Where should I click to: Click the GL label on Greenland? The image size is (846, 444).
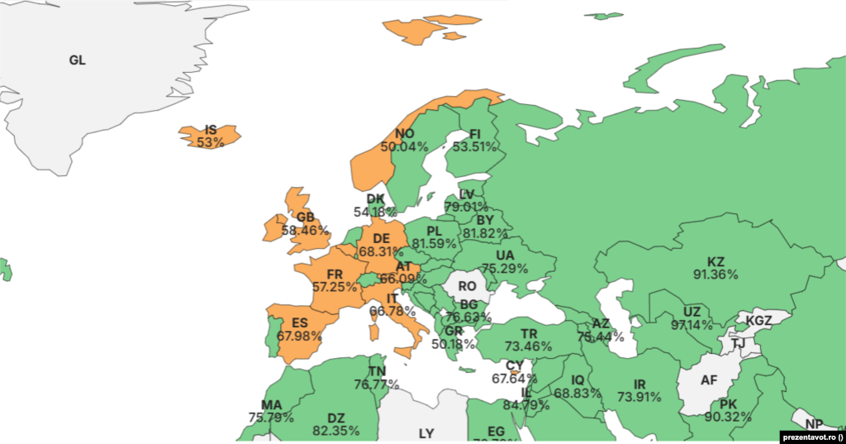pos(77,60)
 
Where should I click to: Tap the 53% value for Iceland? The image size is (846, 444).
pos(211,142)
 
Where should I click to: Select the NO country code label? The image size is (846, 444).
pos(404,134)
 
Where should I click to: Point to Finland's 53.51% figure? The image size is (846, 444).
pos(474,147)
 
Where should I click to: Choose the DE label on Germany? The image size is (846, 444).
pos(381,239)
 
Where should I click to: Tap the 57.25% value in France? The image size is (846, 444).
pos(335,287)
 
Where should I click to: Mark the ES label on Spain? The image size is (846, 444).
pos(300,322)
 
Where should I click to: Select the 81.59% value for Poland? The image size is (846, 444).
pos(435,244)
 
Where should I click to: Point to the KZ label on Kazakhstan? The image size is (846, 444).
pos(715,262)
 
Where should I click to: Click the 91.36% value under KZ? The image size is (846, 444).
pos(715,275)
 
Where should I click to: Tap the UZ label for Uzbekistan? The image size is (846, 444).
pos(692,312)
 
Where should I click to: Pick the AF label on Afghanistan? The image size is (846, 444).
pos(709,380)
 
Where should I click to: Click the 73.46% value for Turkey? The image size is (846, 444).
pos(529,346)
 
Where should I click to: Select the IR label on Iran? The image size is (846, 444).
pos(639,384)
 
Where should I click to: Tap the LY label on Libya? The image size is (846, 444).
pos(426,432)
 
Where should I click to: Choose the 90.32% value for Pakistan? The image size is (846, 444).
pos(728,417)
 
